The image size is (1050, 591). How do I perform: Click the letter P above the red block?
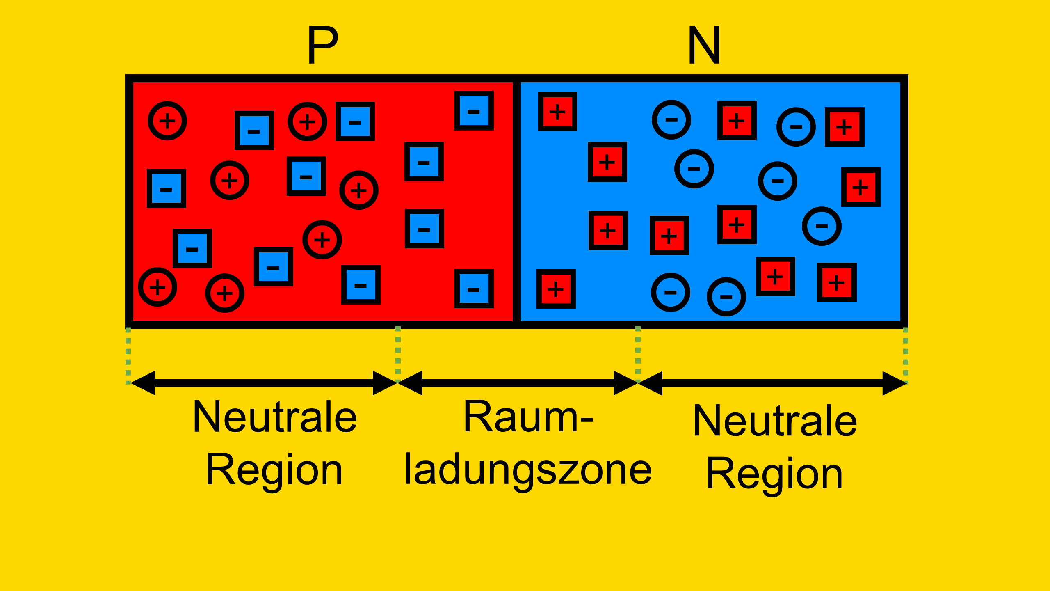pos(323,45)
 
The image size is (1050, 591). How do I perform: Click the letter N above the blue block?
pos(704,45)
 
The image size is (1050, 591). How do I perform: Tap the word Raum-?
pos(528,417)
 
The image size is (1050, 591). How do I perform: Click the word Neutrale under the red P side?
pos(275,417)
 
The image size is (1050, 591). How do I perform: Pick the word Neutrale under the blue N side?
pos(775,421)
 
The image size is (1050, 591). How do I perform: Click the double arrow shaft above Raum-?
pos(518,383)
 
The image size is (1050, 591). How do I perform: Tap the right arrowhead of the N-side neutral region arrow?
pos(895,383)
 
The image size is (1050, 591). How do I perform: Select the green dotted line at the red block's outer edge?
pos(128,355)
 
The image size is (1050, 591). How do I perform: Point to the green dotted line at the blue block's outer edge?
pos(906,355)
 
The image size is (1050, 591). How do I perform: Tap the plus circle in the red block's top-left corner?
pos(167,121)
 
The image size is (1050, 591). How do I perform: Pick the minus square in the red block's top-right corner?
pos(474,111)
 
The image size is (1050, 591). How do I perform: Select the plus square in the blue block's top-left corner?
pos(558,112)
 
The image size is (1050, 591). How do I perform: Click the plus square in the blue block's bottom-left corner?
pos(556,289)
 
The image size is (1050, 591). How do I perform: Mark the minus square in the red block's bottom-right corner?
pos(474,289)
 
